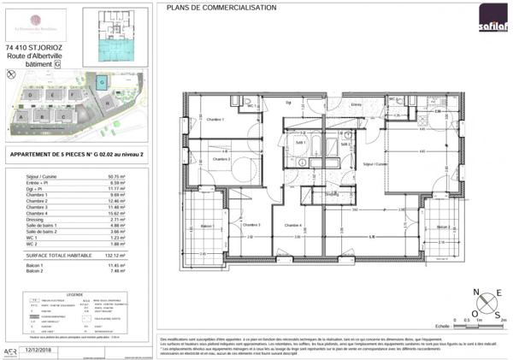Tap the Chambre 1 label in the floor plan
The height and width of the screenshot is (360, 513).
pyautogui.click(x=215, y=119)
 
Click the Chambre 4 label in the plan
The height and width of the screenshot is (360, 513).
pyautogui.click(x=293, y=225)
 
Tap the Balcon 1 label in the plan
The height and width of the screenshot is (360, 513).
pyautogui.click(x=205, y=227)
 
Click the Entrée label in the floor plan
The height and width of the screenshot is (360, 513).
pyautogui.click(x=357, y=104)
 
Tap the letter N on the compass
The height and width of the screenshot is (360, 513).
pyautogui.click(x=474, y=292)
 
